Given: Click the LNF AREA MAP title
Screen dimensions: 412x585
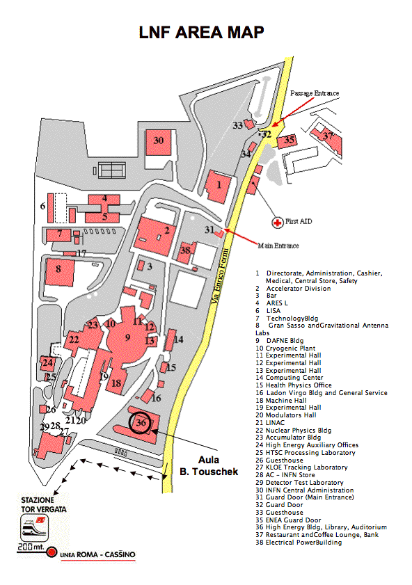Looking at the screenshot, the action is coord(202,33).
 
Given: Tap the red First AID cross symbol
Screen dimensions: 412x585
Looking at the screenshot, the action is coord(277,223).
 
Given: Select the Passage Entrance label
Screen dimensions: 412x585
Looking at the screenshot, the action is coord(315,93).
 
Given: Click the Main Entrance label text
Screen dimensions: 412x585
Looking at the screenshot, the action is coord(278,246).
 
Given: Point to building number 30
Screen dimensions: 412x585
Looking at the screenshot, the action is coord(159,143).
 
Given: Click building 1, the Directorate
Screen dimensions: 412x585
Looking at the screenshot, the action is coord(219,186).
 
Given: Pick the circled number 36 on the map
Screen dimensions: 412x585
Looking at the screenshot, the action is coord(141,422).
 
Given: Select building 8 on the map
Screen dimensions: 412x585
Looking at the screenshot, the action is coord(59,271).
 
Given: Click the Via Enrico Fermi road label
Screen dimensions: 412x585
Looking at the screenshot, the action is coord(220,275).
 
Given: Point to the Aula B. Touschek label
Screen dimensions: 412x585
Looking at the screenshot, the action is coord(209,466).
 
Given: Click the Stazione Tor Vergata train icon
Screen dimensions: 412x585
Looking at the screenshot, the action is coord(34,527).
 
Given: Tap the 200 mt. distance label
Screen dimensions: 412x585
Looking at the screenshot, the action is coord(31,547).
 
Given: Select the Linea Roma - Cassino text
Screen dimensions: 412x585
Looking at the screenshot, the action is coord(97,555).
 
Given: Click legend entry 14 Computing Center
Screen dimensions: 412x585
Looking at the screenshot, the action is coord(290,378).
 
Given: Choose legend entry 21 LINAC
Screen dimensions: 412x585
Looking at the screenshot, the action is coord(270,423).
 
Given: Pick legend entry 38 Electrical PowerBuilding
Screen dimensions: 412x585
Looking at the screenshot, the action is coord(299,543).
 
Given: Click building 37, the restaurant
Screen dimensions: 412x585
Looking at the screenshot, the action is coord(327,140).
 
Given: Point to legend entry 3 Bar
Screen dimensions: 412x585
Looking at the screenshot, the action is coord(266,296).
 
